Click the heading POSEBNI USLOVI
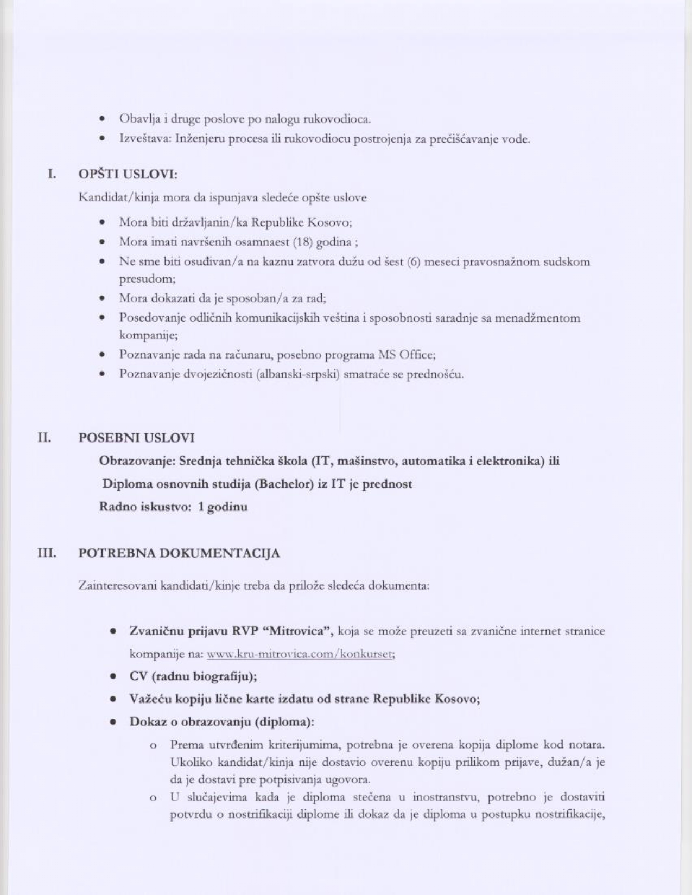pos(136,438)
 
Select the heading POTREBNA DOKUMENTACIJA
pos(179,553)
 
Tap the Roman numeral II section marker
pos(44,437)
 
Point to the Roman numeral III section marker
pos(47,553)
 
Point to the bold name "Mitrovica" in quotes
pos(298,631)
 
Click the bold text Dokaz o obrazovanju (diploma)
pos(221,722)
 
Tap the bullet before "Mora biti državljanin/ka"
pos(102,223)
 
